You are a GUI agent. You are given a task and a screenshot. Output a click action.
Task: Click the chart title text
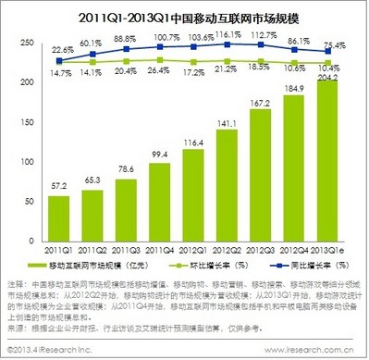click(185, 16)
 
